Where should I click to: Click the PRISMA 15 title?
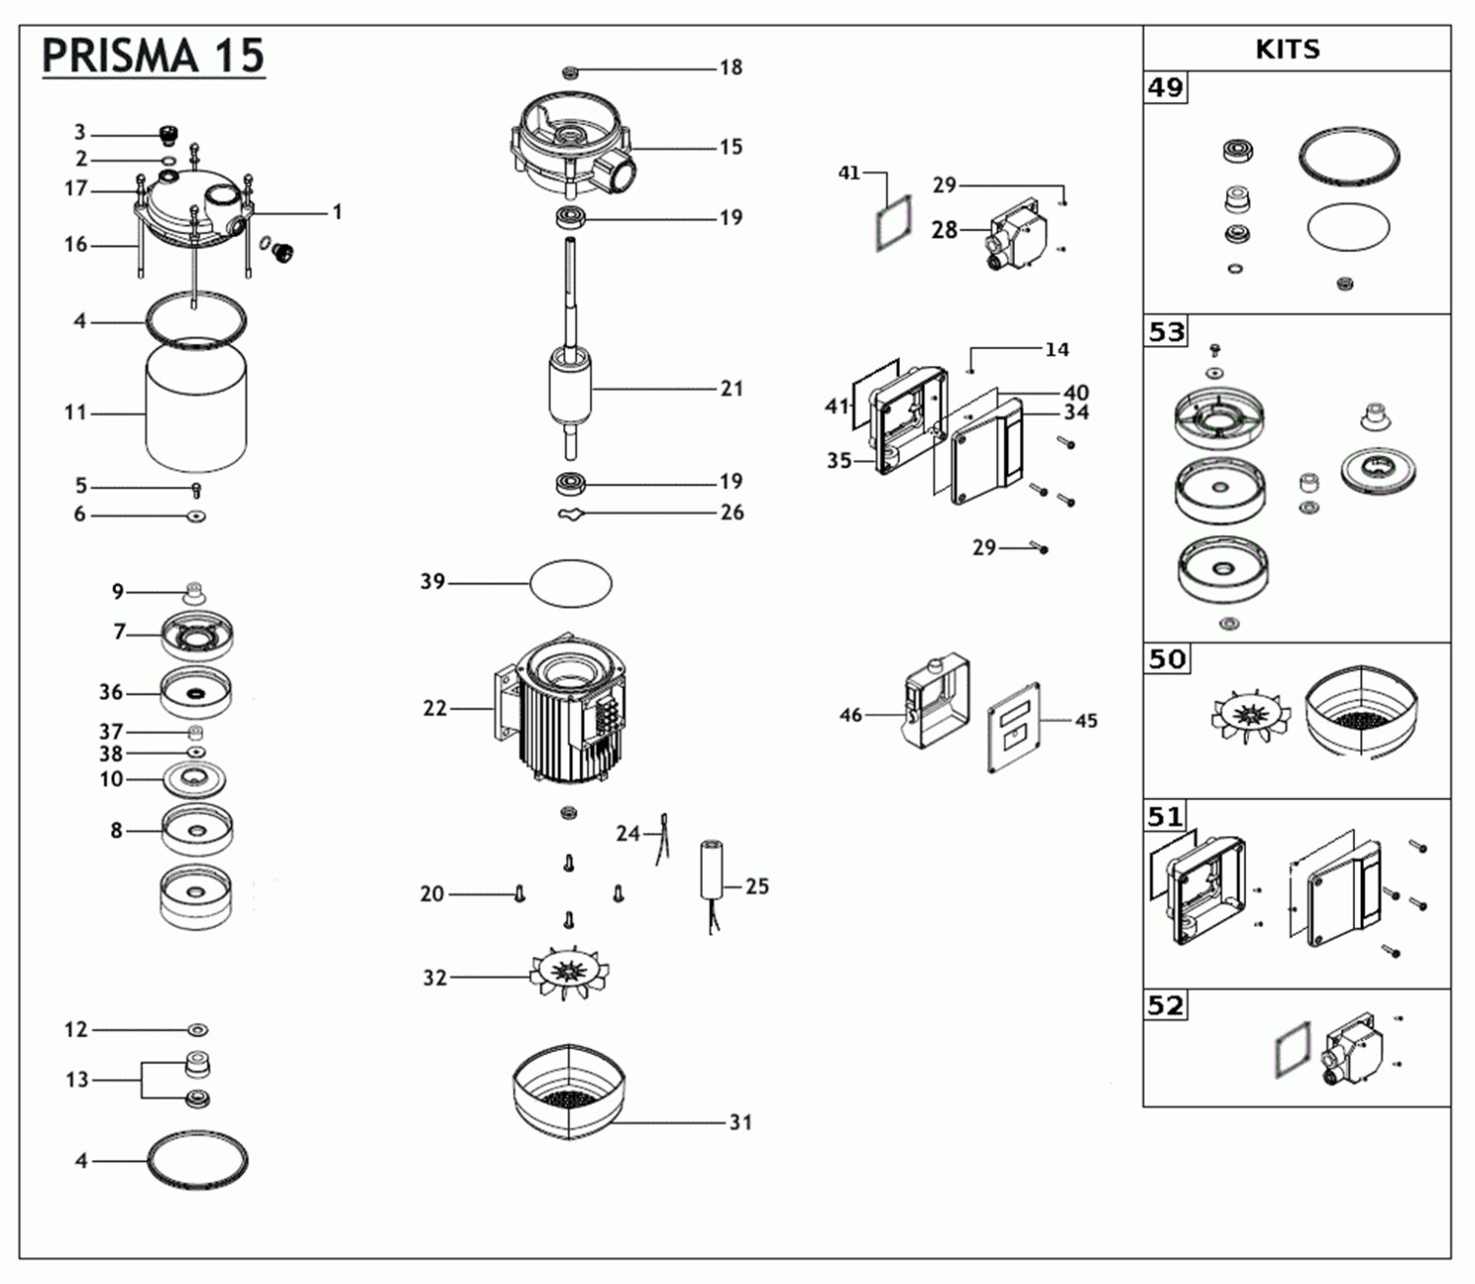pyautogui.click(x=153, y=56)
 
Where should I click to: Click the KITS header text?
pyautogui.click(x=1287, y=49)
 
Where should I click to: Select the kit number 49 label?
pyautogui.click(x=1166, y=88)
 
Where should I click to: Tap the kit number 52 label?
pyautogui.click(x=1166, y=1006)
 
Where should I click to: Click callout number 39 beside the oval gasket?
pyautogui.click(x=433, y=581)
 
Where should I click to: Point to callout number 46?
pyautogui.click(x=851, y=715)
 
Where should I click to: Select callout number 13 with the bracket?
pyautogui.click(x=77, y=1080)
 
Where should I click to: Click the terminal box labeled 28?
pyautogui.click(x=1018, y=232)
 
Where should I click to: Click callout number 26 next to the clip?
pyautogui.click(x=732, y=513)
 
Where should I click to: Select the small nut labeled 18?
pyautogui.click(x=570, y=71)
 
